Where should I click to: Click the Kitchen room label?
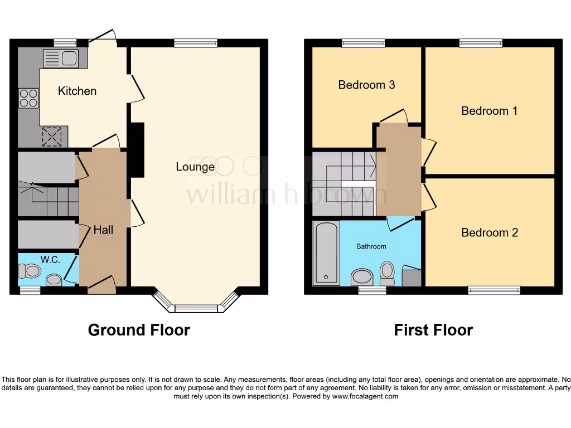click(x=77, y=91)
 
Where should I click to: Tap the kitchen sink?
click(x=62, y=58)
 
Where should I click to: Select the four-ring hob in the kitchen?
click(x=28, y=98)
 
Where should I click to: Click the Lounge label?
click(x=195, y=167)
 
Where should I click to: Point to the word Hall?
click(x=103, y=230)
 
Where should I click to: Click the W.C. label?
click(x=50, y=259)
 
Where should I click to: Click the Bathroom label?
click(x=371, y=246)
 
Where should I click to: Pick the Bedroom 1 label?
click(x=489, y=111)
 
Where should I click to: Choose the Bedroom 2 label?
click(x=490, y=232)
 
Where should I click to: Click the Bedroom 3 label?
click(x=366, y=85)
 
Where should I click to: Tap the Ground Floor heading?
click(x=139, y=330)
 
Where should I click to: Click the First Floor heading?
click(x=433, y=330)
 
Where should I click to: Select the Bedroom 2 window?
click(x=494, y=290)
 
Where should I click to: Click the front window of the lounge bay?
click(x=196, y=308)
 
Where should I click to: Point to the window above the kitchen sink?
click(x=65, y=43)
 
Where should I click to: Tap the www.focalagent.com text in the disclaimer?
click(x=365, y=396)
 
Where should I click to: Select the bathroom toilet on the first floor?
click(x=387, y=272)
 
